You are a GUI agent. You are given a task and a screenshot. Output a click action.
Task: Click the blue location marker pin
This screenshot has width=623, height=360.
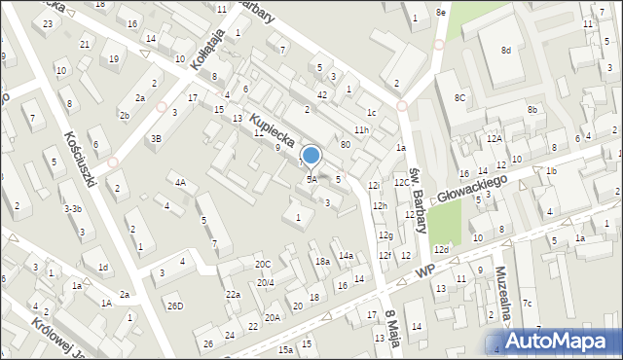point(311,157)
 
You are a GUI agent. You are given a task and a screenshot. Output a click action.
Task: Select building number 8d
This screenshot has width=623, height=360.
point(505,50)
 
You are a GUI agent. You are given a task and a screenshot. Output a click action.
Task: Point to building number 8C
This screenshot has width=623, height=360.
point(459,98)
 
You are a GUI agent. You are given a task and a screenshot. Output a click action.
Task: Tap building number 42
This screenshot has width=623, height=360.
point(321,94)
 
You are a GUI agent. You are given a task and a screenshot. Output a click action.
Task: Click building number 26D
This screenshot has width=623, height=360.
point(174,306)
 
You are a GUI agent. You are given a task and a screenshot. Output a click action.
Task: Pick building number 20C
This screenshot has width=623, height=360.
point(263,264)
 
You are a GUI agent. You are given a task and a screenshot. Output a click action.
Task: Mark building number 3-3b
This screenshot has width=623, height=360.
point(72,208)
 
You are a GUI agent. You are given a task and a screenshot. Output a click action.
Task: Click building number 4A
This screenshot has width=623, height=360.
point(180,182)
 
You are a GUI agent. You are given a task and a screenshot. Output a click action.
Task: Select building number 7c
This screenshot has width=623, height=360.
point(527,303)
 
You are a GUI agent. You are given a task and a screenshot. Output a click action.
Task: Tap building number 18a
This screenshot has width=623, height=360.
point(322,261)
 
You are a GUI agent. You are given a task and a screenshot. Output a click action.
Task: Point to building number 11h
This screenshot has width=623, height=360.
point(361,129)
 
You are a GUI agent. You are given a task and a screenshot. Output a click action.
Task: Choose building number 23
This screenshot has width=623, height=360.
point(48,22)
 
